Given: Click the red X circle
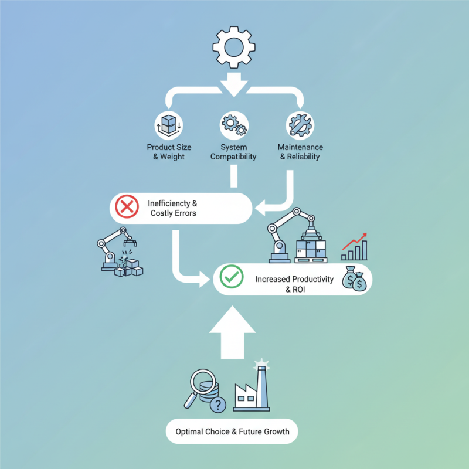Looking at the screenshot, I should point(125,208).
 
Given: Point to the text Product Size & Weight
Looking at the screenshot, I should point(169,152).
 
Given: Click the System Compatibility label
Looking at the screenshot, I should point(234,152).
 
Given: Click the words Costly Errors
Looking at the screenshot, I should point(174,213).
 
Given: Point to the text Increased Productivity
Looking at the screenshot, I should point(294,279).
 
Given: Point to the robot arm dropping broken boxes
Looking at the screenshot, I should point(120,252).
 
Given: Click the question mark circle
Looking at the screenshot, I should point(218,405).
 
